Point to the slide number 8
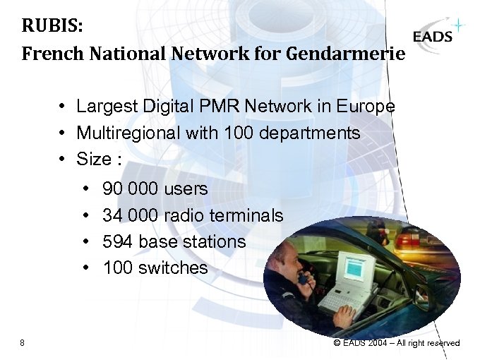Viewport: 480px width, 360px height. pyautogui.click(x=23, y=343)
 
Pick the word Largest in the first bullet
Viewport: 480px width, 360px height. pyautogui.click(x=103, y=107)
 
